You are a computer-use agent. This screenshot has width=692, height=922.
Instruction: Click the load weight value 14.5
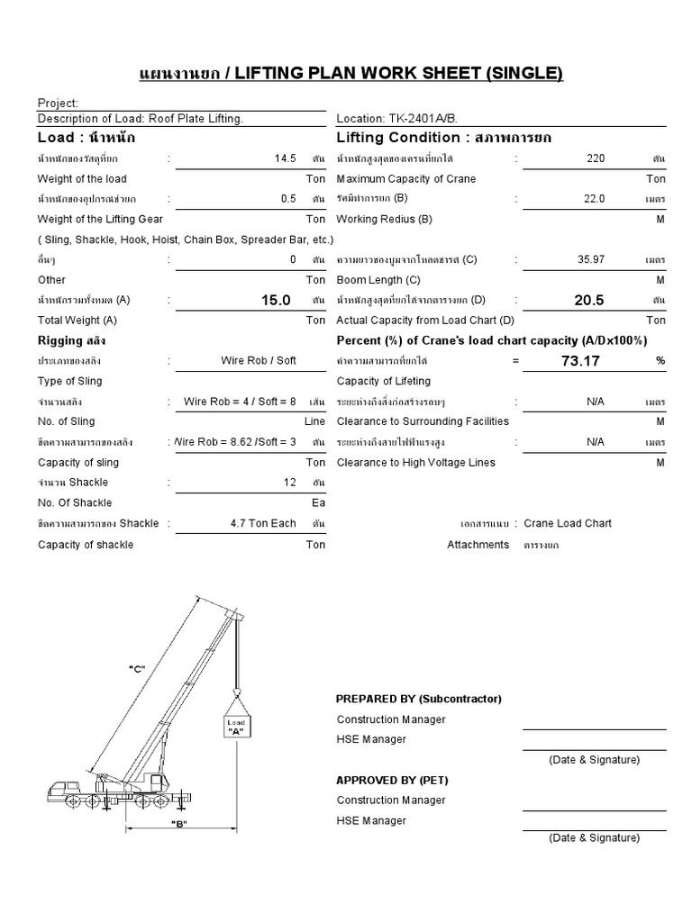tap(285, 158)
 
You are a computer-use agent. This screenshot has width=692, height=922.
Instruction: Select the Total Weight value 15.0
tap(276, 300)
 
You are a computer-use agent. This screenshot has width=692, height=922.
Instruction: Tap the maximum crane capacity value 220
tap(595, 158)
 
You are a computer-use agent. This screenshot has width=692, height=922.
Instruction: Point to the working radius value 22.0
tap(595, 199)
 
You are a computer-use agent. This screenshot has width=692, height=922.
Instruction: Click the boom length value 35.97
tap(591, 259)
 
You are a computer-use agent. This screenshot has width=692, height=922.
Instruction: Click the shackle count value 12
tap(289, 483)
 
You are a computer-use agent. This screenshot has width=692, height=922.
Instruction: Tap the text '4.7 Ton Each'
tap(263, 523)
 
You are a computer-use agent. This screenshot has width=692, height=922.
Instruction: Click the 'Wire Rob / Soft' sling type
tap(259, 361)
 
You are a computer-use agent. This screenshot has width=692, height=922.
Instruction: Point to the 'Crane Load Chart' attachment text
tap(568, 523)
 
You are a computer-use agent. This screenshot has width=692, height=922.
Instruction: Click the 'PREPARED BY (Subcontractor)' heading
tap(418, 699)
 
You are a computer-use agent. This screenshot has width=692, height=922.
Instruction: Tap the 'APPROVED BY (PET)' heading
tap(392, 780)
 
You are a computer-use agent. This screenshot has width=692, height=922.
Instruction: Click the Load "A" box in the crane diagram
tap(236, 728)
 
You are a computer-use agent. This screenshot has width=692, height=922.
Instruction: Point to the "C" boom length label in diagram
tap(137, 668)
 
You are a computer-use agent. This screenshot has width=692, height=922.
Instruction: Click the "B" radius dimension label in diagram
tap(178, 825)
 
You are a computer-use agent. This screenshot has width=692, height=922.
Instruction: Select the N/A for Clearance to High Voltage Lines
tap(595, 442)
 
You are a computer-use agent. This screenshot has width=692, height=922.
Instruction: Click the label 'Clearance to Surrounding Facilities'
tap(423, 421)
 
